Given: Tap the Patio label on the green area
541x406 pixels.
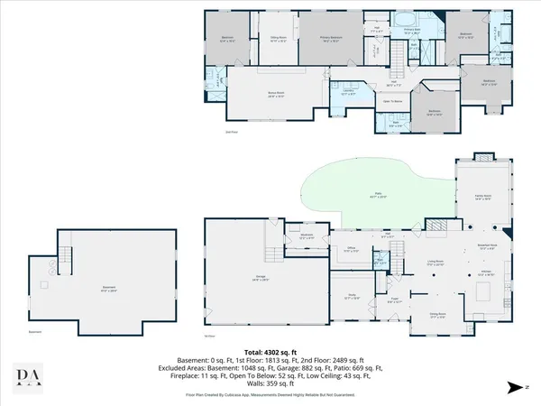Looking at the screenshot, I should coord(375,195).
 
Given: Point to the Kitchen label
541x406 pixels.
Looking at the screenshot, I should coord(484,274).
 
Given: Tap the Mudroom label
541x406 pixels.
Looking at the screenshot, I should coord(306,235).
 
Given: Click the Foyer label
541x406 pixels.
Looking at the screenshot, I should coord(394,302).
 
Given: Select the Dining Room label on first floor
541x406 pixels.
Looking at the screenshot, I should coord(438,316).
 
